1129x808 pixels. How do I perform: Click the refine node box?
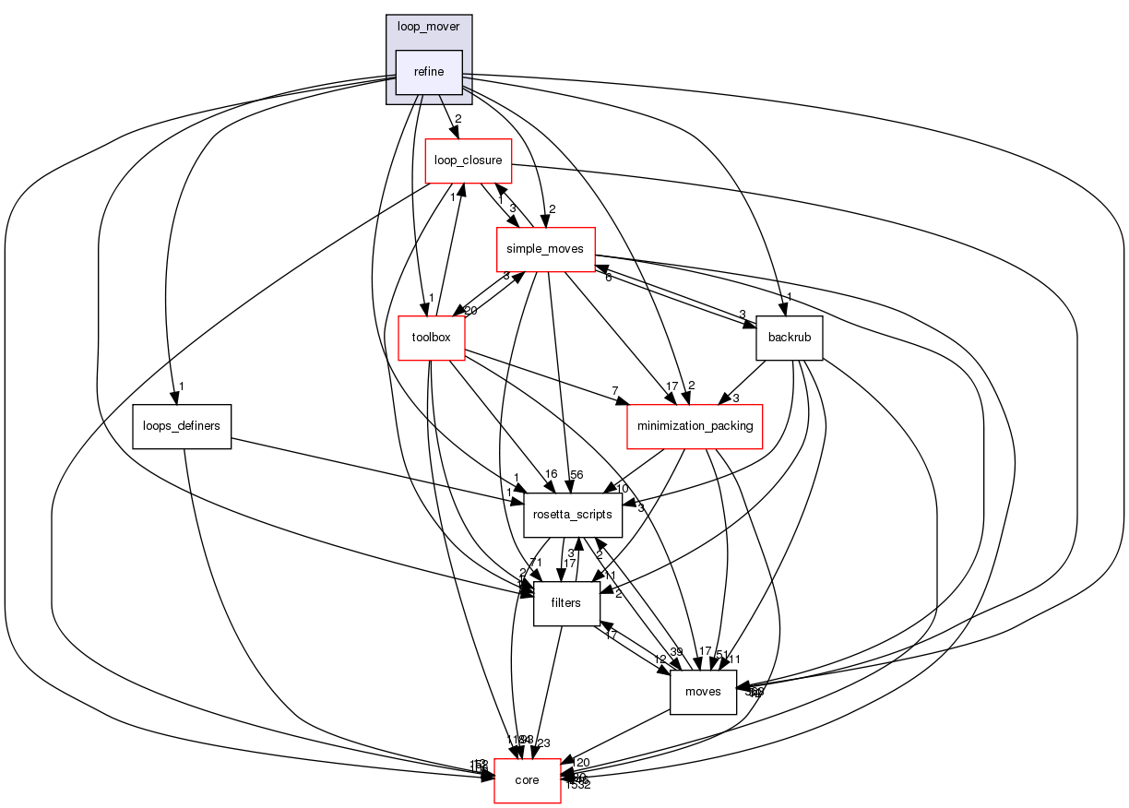tap(429, 72)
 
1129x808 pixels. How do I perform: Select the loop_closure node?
tap(468, 160)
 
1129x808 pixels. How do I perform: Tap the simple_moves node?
tap(544, 249)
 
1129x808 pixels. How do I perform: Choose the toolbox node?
tap(431, 338)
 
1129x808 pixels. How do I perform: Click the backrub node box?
tap(789, 338)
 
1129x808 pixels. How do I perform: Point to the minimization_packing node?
tap(694, 426)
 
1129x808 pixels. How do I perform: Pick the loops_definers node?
tap(181, 426)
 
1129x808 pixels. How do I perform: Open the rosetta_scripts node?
tap(573, 515)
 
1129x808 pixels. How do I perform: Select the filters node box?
tap(566, 603)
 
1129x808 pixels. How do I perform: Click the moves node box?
tap(702, 692)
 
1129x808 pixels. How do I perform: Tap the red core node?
tap(528, 780)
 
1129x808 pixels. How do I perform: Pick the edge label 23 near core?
tap(543, 743)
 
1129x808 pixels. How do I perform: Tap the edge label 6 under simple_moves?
tap(608, 278)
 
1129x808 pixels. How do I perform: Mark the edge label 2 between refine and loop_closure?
tap(457, 119)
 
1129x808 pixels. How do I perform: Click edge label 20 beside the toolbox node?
tap(470, 311)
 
